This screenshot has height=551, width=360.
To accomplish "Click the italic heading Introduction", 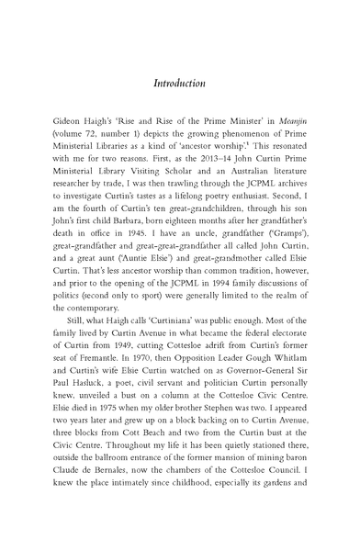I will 179,83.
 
